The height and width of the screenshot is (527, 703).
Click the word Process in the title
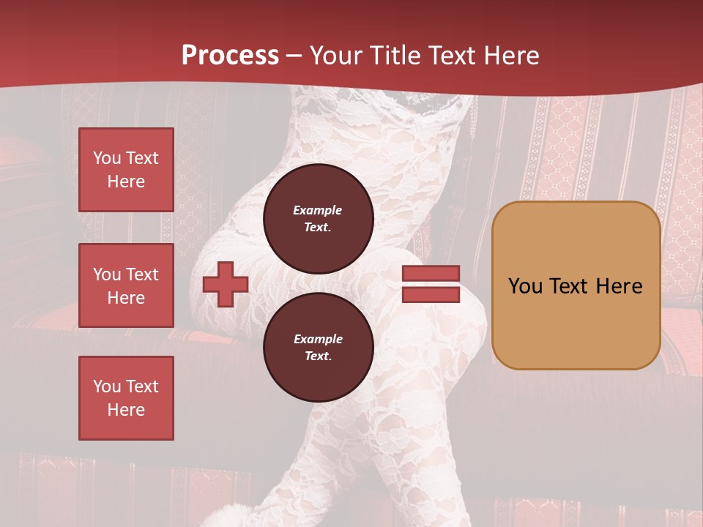(230, 56)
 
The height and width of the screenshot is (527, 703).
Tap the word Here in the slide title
(507, 56)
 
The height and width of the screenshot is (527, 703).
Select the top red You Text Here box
(126, 170)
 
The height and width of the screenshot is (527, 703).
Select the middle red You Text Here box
(126, 285)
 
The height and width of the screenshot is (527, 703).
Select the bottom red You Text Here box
(126, 398)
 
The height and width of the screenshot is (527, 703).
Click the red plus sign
(226, 285)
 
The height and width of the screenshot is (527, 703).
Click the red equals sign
(431, 284)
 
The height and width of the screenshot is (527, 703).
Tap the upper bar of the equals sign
(431, 274)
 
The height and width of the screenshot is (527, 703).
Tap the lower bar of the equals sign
(431, 295)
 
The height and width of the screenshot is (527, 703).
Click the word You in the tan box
(525, 286)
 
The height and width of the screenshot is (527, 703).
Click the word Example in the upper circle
(318, 210)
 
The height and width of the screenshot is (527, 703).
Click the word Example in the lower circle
(318, 339)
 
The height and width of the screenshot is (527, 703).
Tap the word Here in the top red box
(126, 182)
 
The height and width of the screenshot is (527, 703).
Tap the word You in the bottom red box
(106, 386)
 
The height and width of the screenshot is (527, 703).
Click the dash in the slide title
(294, 56)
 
